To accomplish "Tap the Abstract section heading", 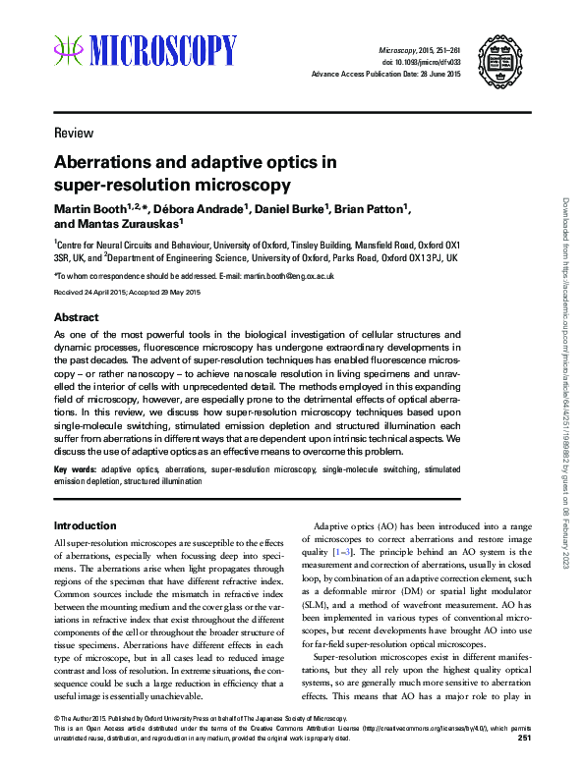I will (76, 318).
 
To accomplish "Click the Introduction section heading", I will (86, 525).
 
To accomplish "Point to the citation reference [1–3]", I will (343, 552).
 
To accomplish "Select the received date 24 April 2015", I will (101, 293).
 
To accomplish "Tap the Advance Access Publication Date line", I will (386, 74).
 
